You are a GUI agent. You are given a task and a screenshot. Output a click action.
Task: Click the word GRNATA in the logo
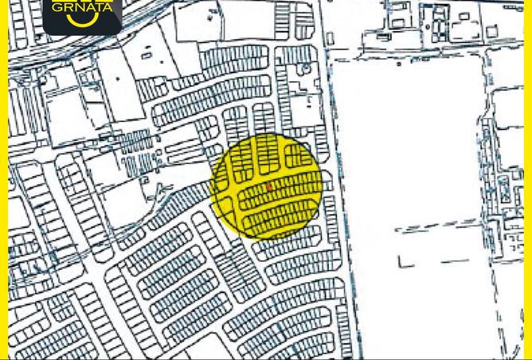82,7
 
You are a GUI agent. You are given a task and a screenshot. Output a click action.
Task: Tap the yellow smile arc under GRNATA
83,21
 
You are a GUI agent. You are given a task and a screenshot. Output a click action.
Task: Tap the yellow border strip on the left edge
3,199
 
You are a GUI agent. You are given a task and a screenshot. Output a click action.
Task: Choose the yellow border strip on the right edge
528,199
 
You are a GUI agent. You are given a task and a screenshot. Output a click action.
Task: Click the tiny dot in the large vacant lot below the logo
118,79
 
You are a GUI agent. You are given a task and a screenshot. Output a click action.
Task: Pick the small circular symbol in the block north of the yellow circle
303,69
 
